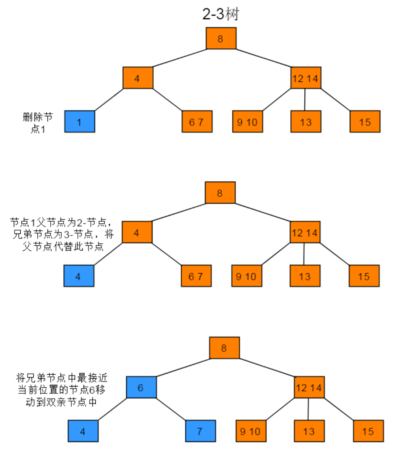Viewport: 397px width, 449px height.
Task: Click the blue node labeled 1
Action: pyautogui.click(x=79, y=121)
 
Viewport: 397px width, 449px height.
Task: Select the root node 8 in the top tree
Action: pyautogui.click(x=221, y=39)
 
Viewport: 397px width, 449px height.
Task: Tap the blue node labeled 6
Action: pyautogui.click(x=141, y=387)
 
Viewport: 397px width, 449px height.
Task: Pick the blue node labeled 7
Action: pyautogui.click(x=200, y=431)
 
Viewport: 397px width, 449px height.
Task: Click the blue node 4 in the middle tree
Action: pyautogui.click(x=79, y=276)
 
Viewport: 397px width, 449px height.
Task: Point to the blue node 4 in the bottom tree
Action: pyautogui.click(x=83, y=431)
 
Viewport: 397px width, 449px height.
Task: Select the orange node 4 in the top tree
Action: pyautogui.click(x=138, y=78)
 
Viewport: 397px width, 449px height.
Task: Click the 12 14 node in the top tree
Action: pyautogui.click(x=306, y=78)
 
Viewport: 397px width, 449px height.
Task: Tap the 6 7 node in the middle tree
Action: pyautogui.click(x=196, y=276)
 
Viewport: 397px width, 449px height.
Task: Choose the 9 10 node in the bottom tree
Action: pyautogui.click(x=251, y=431)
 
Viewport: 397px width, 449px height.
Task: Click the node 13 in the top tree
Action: pyautogui.click(x=306, y=121)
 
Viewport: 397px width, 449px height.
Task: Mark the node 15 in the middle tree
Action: pyautogui.click(x=364, y=276)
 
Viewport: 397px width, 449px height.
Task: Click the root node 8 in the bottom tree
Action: pyautogui.click(x=224, y=348)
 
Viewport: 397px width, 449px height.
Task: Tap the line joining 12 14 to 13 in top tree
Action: pyautogui.click(x=305, y=99)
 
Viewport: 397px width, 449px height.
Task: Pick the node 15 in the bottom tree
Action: pyautogui.click(x=368, y=431)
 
